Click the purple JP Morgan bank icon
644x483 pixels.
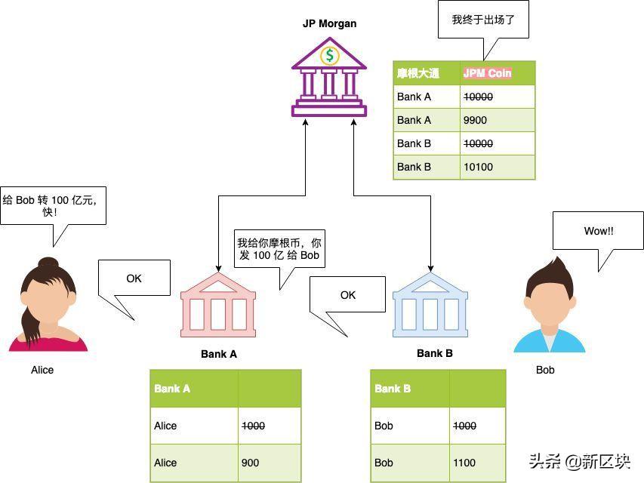pos(329,77)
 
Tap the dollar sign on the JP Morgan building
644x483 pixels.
pos(329,55)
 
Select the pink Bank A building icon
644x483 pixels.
pos(218,305)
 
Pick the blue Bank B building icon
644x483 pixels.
pos(430,305)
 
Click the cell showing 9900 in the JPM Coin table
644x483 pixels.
pos(475,120)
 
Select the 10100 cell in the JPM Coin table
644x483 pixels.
pos(478,167)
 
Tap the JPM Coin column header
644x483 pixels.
pos(488,73)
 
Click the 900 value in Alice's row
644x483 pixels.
pos(250,463)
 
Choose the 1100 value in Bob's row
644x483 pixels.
pos(464,463)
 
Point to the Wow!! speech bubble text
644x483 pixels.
pos(599,231)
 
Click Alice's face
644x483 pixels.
pos(48,300)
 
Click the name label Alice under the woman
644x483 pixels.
pos(42,370)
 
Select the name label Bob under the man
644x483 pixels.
pos(545,370)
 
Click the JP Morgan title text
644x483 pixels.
pos(329,23)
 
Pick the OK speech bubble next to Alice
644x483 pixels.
pos(134,278)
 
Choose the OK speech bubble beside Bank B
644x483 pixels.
pos(348,295)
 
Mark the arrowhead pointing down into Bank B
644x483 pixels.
pos(430,269)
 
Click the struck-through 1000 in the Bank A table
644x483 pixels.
pos(253,426)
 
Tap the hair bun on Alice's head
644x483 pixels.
pos(48,263)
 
